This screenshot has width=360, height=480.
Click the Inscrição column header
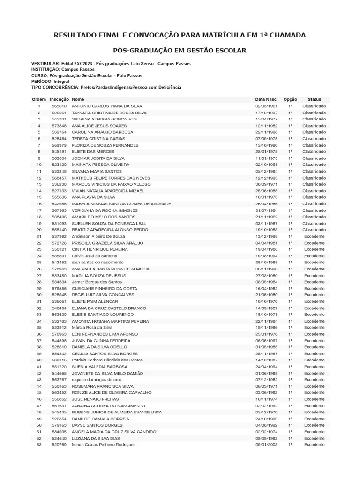[x=59, y=99]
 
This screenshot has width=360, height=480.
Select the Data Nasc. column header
[x=266, y=99]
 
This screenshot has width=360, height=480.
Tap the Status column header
[x=314, y=99]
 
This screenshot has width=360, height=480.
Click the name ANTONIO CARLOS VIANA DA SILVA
[x=107, y=106]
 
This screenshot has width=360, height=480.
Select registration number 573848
[x=59, y=126]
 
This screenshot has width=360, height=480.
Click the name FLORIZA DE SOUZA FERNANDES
[x=105, y=145]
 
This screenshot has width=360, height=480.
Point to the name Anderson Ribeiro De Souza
[x=98, y=236]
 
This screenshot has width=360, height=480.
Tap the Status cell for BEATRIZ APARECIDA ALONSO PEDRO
[x=314, y=230]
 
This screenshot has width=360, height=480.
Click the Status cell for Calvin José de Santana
[x=314, y=256]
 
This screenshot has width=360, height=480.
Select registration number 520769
[x=59, y=445]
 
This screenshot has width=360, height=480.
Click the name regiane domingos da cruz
[x=97, y=380]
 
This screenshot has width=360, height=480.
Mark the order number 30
[x=39, y=295]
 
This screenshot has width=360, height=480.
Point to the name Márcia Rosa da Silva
[x=92, y=328]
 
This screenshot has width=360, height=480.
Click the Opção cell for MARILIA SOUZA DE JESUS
[x=290, y=276]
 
